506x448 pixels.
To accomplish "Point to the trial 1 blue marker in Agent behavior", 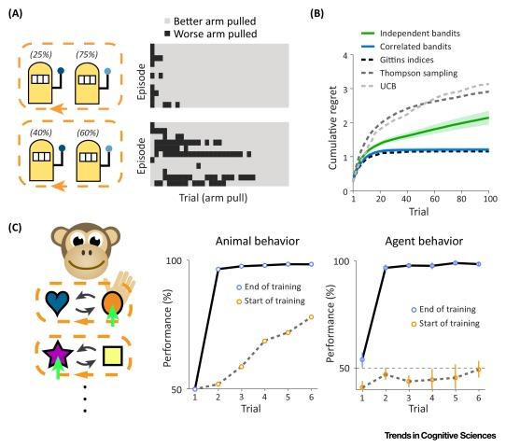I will tap(362, 359).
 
